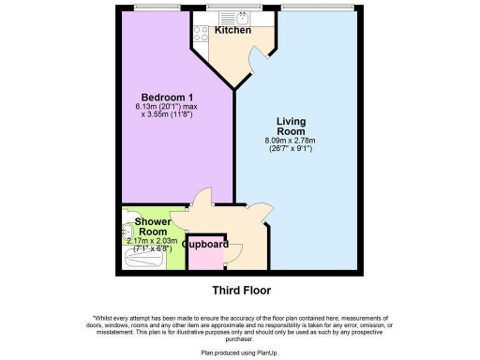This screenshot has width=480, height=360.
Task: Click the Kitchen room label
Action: coord(232,31)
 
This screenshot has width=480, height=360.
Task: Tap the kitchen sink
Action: coord(242,17)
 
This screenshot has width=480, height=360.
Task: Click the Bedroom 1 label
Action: coord(167,97)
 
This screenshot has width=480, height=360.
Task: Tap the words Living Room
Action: coord(293,127)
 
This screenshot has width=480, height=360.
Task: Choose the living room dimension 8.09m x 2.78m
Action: coord(293,142)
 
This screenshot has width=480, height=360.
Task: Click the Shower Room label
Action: coord(152,227)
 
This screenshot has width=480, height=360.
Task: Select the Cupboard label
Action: coord(205,244)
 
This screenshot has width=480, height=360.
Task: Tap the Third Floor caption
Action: coord(240,290)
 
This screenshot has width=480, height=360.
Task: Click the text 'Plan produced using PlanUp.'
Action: coord(240,352)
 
